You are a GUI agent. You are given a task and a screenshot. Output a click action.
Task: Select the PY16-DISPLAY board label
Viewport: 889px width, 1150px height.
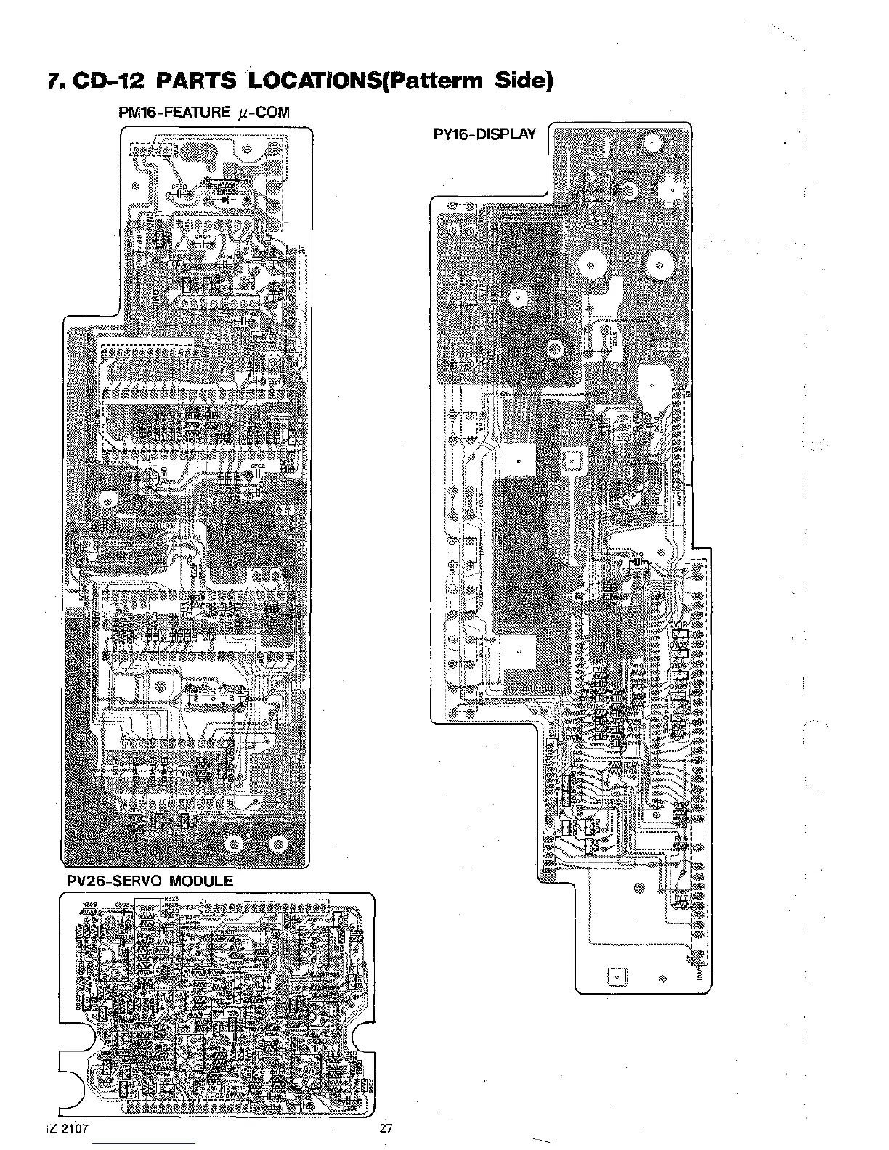[x=484, y=134]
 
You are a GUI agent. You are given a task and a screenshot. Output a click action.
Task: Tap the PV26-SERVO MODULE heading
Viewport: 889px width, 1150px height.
[x=148, y=881]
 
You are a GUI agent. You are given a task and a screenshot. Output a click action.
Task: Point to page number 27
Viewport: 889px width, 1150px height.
[x=386, y=1128]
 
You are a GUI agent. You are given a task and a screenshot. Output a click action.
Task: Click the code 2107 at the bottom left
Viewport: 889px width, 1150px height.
[x=76, y=1128]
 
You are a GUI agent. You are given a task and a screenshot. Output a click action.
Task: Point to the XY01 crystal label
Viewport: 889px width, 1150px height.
[x=639, y=554]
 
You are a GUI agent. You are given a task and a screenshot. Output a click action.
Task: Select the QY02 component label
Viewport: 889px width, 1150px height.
[x=678, y=624]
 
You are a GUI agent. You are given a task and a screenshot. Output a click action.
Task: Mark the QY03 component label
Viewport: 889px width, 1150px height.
[x=678, y=643]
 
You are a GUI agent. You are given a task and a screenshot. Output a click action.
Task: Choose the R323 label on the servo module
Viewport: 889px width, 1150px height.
[x=171, y=899]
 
